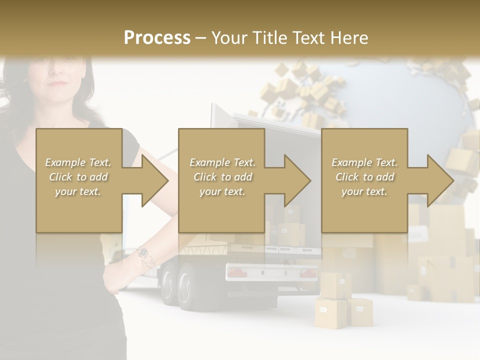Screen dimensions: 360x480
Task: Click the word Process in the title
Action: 157,38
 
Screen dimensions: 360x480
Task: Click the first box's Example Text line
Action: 78,162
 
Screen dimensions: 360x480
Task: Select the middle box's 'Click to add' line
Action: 222,177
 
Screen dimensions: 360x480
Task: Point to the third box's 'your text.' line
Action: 364,191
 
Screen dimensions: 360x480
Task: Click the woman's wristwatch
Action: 143,252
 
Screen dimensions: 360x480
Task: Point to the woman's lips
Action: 58,83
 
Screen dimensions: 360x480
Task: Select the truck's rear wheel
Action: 186,287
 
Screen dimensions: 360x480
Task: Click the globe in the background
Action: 400,95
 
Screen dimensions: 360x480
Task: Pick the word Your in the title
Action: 229,38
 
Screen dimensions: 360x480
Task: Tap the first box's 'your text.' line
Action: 78,191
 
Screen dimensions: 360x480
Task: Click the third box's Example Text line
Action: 364,162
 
